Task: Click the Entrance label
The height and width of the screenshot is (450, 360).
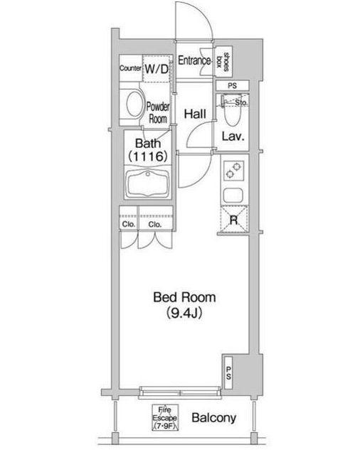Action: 194,61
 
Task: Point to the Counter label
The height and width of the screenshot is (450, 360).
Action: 131,68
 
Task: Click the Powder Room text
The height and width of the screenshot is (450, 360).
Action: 157,113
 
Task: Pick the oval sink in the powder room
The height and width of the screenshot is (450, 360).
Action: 133,106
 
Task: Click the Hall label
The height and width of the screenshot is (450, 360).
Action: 195,113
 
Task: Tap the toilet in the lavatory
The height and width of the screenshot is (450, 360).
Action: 231,109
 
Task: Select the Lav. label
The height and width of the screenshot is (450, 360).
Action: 233,136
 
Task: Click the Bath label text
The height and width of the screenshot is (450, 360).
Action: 148,142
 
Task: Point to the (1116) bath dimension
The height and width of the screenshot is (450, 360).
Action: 148,155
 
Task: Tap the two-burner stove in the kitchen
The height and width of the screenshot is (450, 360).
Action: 233,171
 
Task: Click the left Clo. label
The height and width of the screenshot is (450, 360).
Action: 128,224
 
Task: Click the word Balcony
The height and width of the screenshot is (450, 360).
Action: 213,418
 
